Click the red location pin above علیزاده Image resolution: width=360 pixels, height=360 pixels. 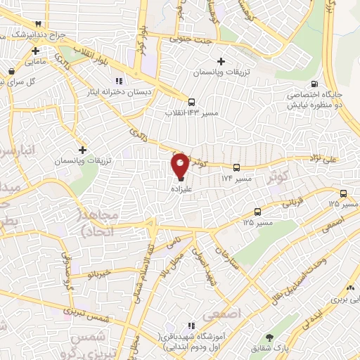coord(181,166)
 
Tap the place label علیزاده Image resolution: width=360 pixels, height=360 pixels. coord(181,189)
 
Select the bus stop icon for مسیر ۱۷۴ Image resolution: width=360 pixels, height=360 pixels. coord(236,168)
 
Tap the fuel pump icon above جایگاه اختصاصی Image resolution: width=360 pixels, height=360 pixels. coord(323,83)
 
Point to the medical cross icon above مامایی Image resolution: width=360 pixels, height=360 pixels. coord(35,51)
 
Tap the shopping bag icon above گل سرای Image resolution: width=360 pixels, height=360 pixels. coord(11,71)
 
